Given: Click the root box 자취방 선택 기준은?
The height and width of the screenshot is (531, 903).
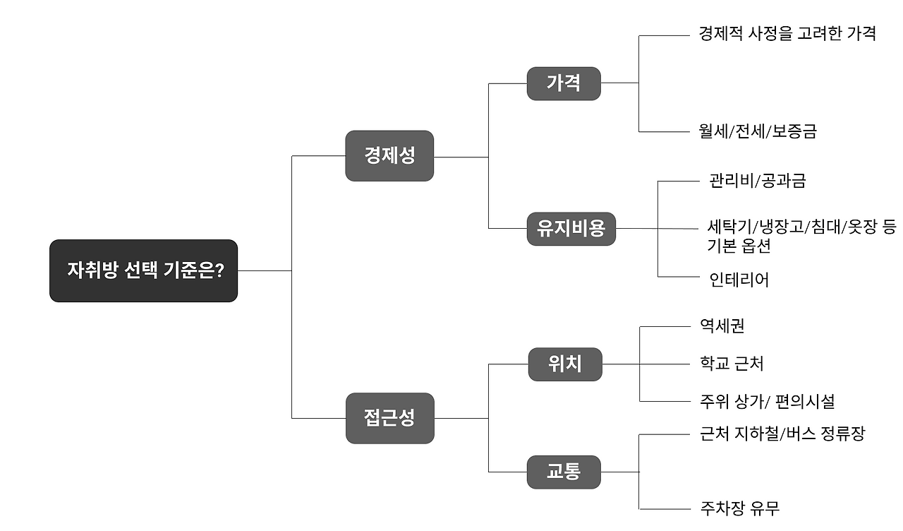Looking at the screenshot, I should pyautogui.click(x=143, y=270).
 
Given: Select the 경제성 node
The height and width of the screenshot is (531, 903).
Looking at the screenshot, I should pyautogui.click(x=389, y=155).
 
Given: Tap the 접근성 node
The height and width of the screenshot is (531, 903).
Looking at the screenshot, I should pyautogui.click(x=389, y=417).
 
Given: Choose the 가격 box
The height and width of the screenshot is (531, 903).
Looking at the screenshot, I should pyautogui.click(x=564, y=83).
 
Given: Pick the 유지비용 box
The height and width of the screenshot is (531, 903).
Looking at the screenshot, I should pyautogui.click(x=571, y=228).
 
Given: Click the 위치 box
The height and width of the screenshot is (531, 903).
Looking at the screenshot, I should pyautogui.click(x=565, y=364).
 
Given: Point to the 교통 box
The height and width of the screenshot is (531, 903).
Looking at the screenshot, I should pyautogui.click(x=564, y=472).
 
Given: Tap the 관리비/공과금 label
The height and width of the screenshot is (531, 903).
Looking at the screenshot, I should pyautogui.click(x=758, y=181).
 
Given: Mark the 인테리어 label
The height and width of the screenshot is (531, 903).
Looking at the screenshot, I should pyautogui.click(x=739, y=280).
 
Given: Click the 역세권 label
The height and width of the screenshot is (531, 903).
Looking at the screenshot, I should pyautogui.click(x=722, y=326).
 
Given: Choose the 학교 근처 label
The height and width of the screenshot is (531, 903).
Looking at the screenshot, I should pyautogui.click(x=732, y=364).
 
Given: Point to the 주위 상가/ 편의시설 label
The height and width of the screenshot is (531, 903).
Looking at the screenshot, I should pyautogui.click(x=767, y=402).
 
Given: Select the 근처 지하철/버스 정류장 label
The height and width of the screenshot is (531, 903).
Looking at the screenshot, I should pyautogui.click(x=782, y=434).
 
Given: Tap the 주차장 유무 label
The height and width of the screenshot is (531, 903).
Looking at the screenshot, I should pyautogui.click(x=740, y=508).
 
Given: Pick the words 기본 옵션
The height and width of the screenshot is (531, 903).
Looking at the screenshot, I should pyautogui.click(x=739, y=246).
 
